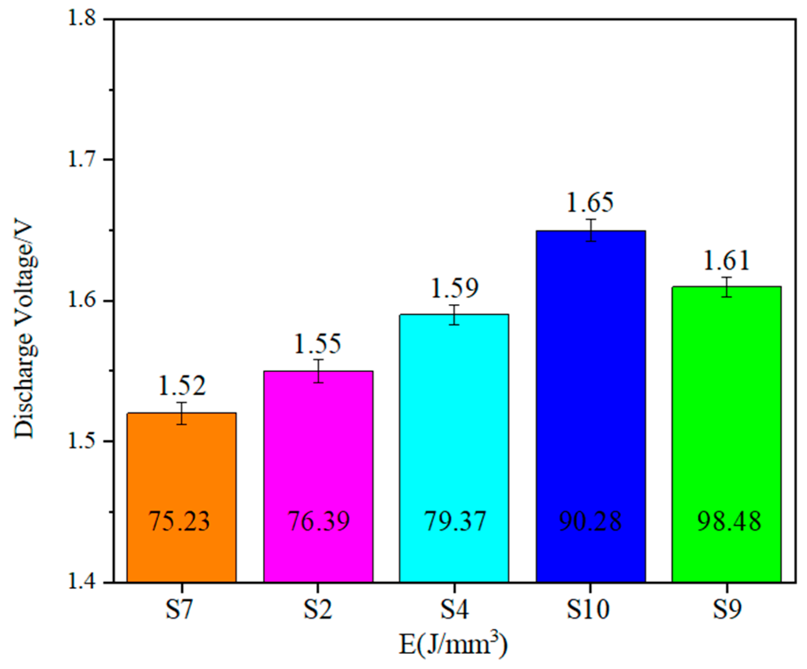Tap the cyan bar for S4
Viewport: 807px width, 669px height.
[454, 423]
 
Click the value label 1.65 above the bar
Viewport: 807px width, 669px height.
[590, 202]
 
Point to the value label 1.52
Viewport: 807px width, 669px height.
[182, 386]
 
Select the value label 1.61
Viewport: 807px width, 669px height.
[726, 261]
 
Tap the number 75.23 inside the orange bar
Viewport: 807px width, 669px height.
[179, 521]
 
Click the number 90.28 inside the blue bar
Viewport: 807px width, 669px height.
[590, 521]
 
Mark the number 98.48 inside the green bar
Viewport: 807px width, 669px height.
[729, 521]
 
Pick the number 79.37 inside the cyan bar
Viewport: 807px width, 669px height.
[455, 521]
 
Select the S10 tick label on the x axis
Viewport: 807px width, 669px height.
[588, 610]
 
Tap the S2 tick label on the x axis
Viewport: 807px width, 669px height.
[318, 610]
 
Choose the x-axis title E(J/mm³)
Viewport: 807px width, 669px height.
[453, 645]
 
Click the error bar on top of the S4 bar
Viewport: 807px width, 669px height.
[454, 315]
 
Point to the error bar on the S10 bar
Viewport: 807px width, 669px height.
[590, 230]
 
